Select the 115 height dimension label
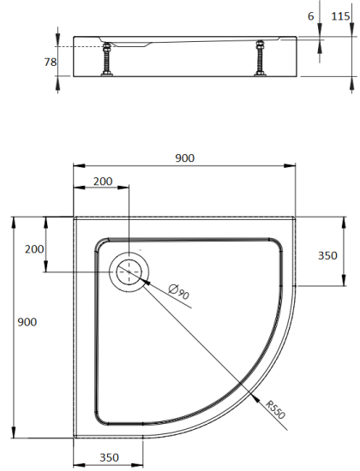click(x=341, y=15)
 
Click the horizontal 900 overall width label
click(x=184, y=158)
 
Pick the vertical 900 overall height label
click(x=27, y=322)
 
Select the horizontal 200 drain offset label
click(x=102, y=181)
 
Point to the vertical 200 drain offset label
click(x=33, y=248)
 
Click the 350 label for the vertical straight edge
click(x=327, y=255)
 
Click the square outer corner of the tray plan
click(x=75, y=218)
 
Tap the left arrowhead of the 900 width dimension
click(x=75, y=165)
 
